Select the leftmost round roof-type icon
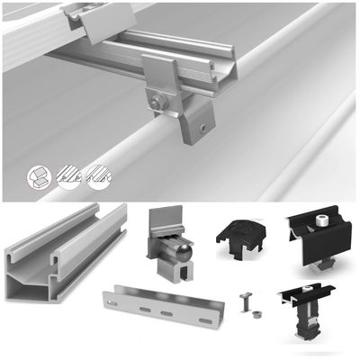tap(40, 176)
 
